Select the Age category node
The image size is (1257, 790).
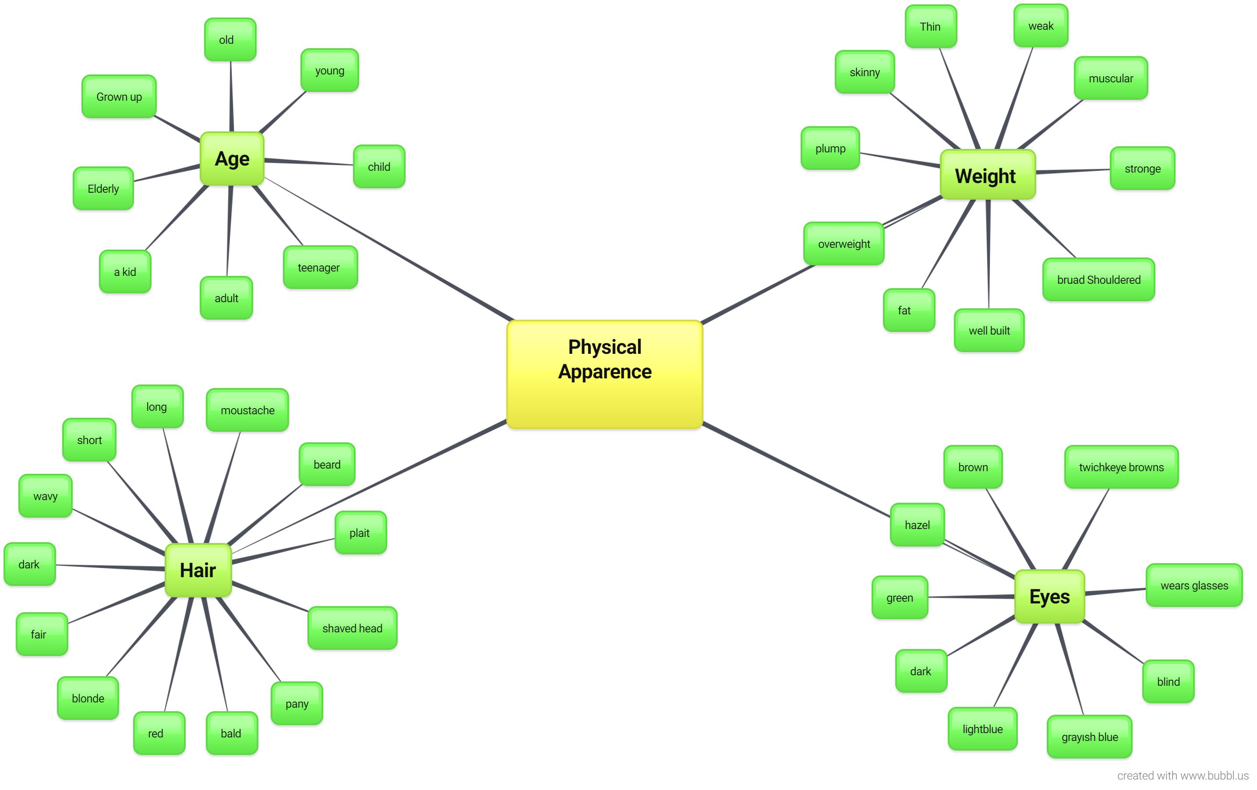(x=232, y=159)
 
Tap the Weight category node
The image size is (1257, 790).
(x=987, y=175)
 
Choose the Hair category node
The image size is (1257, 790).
(x=198, y=570)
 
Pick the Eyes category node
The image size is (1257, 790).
(x=1049, y=596)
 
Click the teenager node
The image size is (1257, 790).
(x=320, y=267)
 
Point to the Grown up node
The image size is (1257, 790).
(x=119, y=96)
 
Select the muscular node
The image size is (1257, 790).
(x=1110, y=78)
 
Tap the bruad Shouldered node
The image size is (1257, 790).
(x=1098, y=280)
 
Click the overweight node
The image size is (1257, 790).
(x=844, y=243)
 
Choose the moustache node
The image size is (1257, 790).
(x=247, y=410)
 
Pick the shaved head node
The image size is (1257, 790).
(x=353, y=628)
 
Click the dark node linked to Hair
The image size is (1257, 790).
(x=30, y=564)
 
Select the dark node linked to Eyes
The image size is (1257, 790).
(x=921, y=671)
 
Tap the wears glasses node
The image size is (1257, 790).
(x=1194, y=585)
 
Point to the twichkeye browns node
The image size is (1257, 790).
(x=1121, y=467)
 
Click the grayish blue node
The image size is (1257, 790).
(x=1089, y=737)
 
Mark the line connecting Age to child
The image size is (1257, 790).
(x=308, y=162)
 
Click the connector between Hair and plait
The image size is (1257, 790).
(x=285, y=550)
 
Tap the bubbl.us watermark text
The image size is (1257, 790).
(x=1183, y=776)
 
